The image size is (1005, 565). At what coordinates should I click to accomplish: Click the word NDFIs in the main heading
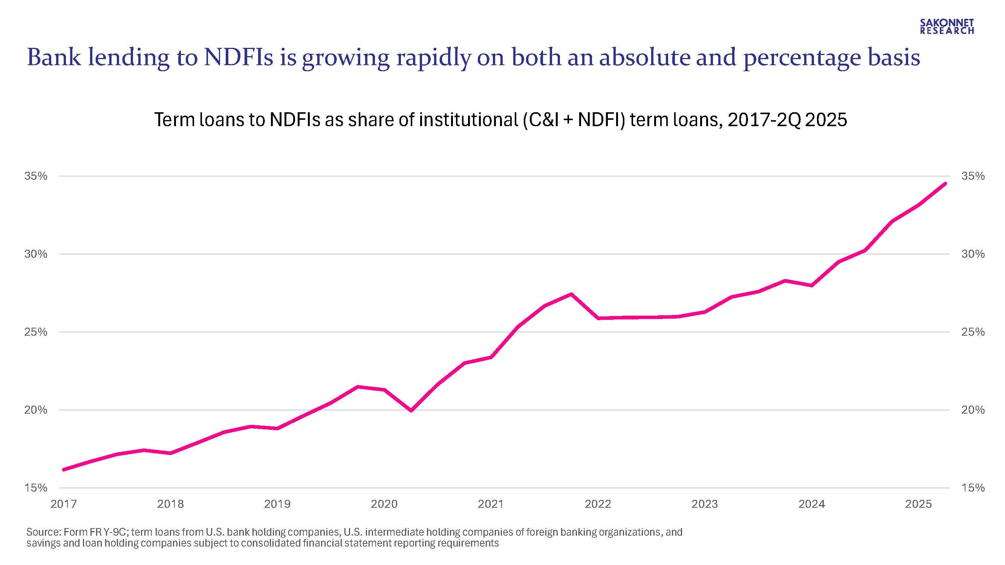239,58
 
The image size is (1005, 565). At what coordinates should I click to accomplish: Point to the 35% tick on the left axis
36,176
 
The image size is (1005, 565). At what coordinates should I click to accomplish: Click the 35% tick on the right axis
973,176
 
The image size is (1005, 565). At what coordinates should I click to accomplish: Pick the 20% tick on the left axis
36,410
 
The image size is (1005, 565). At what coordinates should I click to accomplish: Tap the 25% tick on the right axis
973,332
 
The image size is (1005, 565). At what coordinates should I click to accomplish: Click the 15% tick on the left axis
36,488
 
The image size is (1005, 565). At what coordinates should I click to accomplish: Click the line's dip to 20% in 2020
411,411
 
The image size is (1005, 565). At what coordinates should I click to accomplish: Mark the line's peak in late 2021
571,294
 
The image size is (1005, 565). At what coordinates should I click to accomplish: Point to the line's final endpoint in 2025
945,184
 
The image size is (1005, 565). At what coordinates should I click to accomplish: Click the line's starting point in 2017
64,469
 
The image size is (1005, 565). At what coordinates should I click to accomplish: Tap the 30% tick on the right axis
973,254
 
